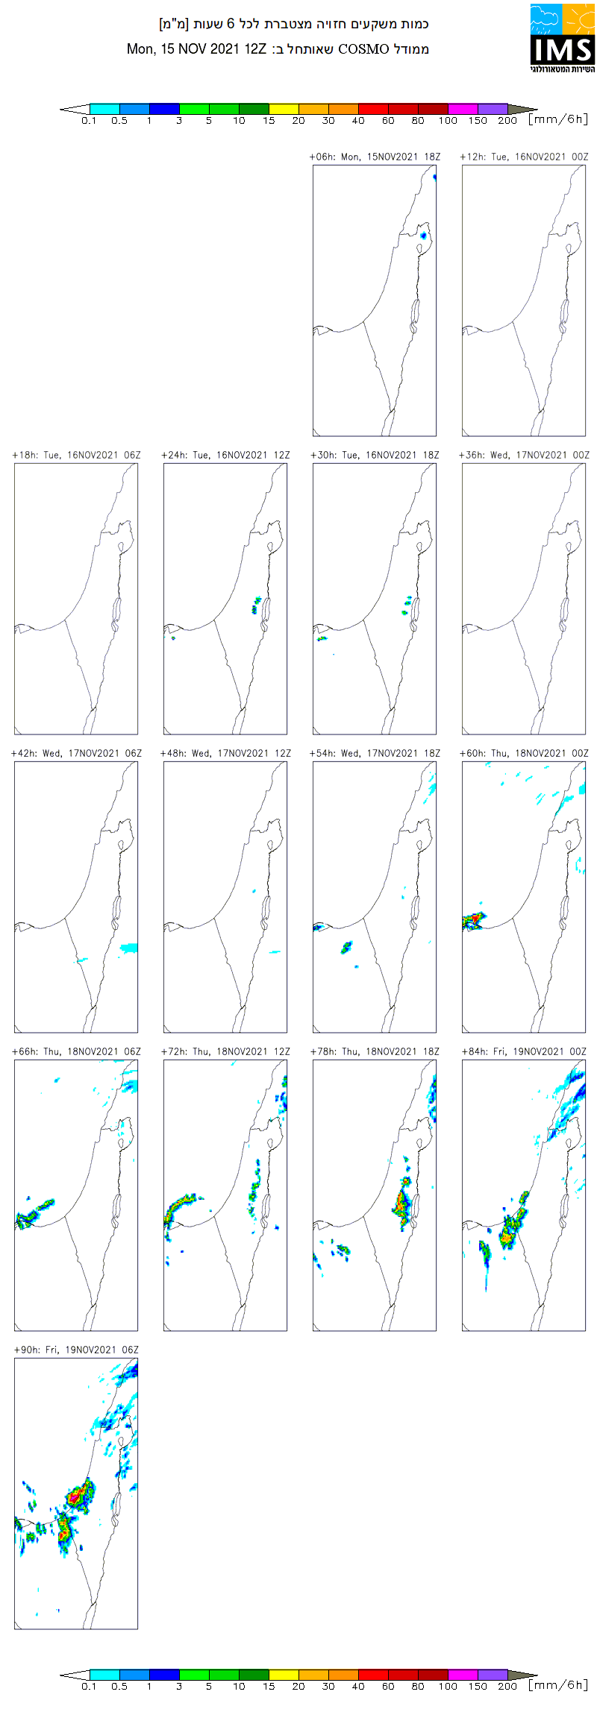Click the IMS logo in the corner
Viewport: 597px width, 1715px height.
point(562,38)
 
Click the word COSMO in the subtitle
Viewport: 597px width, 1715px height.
point(363,49)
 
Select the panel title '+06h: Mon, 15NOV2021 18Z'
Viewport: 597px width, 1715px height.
point(375,157)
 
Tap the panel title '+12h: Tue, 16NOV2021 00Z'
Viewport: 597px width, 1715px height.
point(524,157)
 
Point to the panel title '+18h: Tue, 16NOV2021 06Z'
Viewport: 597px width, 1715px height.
point(76,455)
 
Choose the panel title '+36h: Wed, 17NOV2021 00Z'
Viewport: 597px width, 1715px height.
point(524,455)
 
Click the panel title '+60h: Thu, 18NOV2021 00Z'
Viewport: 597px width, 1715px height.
point(524,753)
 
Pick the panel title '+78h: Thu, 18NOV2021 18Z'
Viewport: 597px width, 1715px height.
point(375,1051)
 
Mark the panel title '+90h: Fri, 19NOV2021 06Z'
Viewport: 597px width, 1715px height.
point(76,1350)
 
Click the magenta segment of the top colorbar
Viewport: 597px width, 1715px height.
point(463,109)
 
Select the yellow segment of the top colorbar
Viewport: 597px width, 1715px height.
point(284,109)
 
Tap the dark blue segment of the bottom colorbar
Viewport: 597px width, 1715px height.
point(164,1675)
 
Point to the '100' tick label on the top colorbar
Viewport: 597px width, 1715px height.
point(448,121)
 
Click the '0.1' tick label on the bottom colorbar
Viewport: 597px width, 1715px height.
point(89,1687)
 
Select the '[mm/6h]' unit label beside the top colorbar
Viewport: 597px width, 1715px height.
point(558,119)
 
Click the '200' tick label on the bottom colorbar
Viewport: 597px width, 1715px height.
point(507,1687)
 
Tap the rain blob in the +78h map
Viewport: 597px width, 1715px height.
point(403,1202)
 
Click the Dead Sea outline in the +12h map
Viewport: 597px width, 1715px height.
point(564,315)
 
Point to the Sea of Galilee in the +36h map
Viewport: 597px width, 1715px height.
point(569,547)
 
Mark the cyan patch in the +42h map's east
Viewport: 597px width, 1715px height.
point(129,948)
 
